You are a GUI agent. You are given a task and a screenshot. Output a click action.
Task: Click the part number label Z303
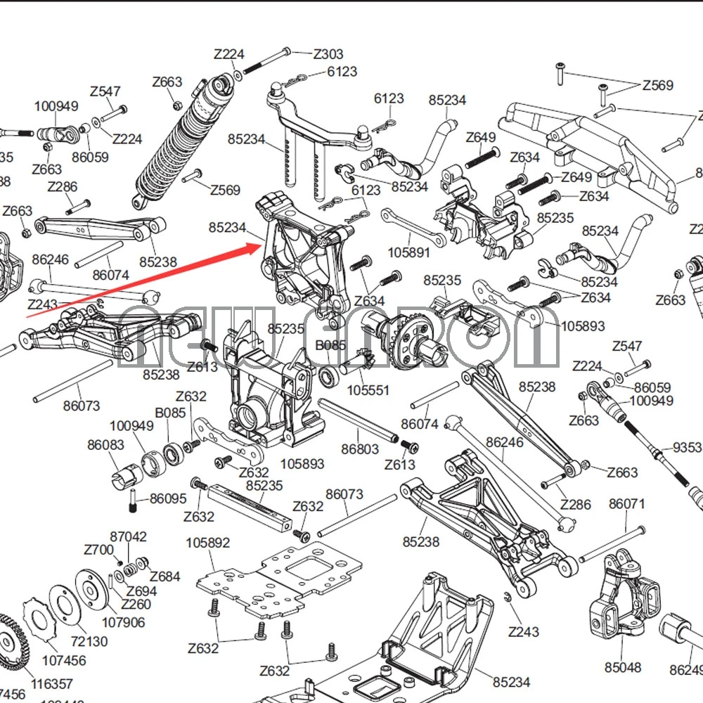pyautogui.click(x=328, y=54)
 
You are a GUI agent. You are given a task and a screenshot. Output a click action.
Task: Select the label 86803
pyautogui.click(x=360, y=449)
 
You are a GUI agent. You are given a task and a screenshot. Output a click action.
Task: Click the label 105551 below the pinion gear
pyautogui.click(x=368, y=390)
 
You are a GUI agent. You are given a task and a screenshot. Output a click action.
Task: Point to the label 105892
pyautogui.click(x=208, y=543)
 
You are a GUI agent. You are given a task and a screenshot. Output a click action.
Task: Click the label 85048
pyautogui.click(x=623, y=667)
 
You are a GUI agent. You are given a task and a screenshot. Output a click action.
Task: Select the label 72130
pyautogui.click(x=89, y=641)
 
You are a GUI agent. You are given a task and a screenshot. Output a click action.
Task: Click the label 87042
pyautogui.click(x=128, y=537)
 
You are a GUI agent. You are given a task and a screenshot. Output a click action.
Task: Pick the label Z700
pyautogui.click(x=98, y=550)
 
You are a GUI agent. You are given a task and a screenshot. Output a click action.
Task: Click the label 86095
pyautogui.click(x=168, y=498)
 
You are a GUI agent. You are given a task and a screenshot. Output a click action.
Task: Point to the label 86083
pyautogui.click(x=106, y=445)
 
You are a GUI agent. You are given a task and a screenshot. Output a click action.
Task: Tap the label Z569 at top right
pyautogui.click(x=657, y=85)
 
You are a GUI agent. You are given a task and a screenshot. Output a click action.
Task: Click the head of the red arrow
pyautogui.click(x=262, y=245)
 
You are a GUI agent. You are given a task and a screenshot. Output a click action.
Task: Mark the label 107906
pyautogui.click(x=124, y=622)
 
